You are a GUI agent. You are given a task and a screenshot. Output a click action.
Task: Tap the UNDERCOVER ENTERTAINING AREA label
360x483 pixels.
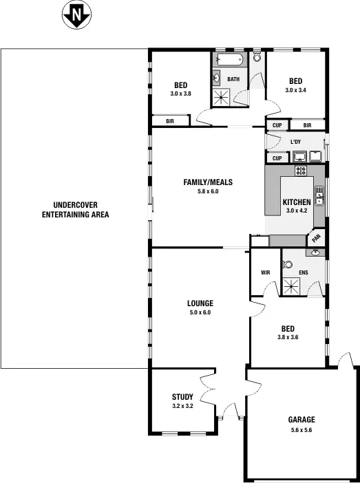74,210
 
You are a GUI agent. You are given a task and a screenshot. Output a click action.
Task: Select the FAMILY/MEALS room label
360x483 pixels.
207,182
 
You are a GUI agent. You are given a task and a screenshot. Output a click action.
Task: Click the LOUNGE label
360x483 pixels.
200,303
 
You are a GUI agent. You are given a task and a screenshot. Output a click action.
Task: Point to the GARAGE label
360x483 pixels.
301,420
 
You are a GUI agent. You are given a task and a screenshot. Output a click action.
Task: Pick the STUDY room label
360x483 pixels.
182,397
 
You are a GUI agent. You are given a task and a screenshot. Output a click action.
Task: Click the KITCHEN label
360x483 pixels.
296,202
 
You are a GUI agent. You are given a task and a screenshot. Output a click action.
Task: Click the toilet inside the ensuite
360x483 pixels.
288,265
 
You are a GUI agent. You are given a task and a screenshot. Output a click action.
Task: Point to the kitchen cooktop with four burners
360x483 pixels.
301,170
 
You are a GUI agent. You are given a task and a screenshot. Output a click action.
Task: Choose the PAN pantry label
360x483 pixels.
316,238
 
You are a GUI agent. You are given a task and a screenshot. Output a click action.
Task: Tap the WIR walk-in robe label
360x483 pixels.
265,273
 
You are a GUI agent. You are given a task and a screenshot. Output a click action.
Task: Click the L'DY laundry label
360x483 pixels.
296,142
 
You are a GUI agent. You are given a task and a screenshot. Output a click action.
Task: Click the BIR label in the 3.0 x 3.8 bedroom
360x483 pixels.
169,122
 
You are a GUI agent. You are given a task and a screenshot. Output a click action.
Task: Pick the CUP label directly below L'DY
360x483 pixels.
277,158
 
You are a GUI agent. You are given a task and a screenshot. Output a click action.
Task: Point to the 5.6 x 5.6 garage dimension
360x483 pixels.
301,430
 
